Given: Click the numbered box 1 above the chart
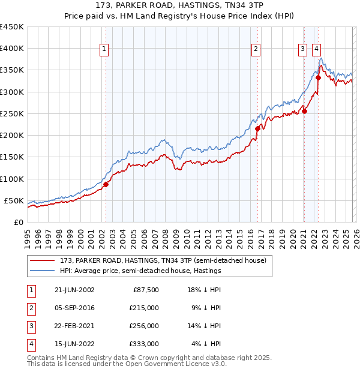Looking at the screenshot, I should coord(104,49).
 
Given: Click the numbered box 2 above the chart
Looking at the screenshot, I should coord(256,49).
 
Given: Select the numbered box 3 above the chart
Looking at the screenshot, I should coord(303,49).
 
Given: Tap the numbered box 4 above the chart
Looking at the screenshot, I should coord(316,49).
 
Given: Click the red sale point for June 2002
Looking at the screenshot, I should coord(106,184).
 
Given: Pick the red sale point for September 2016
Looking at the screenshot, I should coord(257,128).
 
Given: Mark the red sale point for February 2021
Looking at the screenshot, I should coord(304,110).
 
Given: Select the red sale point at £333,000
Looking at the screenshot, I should coord(319,77).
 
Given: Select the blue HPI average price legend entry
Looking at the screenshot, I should coord(140,271).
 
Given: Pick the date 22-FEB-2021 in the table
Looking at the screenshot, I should coord(74,326).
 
